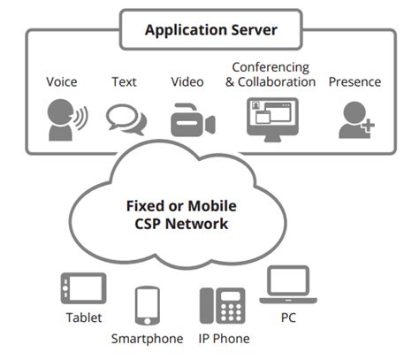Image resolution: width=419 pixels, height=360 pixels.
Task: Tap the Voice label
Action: click(x=63, y=82)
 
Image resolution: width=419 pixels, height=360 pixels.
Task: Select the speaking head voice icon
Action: click(x=64, y=119)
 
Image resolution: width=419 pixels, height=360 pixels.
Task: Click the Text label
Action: click(x=125, y=82)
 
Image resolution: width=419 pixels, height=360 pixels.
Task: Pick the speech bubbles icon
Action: click(x=125, y=119)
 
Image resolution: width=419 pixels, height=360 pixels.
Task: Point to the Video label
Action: click(x=187, y=82)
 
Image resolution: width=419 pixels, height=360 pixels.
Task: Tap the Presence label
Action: click(x=354, y=82)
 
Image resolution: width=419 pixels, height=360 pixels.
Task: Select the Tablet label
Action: click(x=83, y=318)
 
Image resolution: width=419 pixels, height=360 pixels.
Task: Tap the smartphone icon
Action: click(x=147, y=306)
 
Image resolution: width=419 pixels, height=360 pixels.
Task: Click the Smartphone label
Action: click(x=147, y=339)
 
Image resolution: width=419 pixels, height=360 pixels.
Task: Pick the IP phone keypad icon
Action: click(x=220, y=306)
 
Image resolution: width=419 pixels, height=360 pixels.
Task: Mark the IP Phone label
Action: click(x=225, y=339)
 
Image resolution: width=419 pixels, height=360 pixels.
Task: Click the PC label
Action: click(x=287, y=316)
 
